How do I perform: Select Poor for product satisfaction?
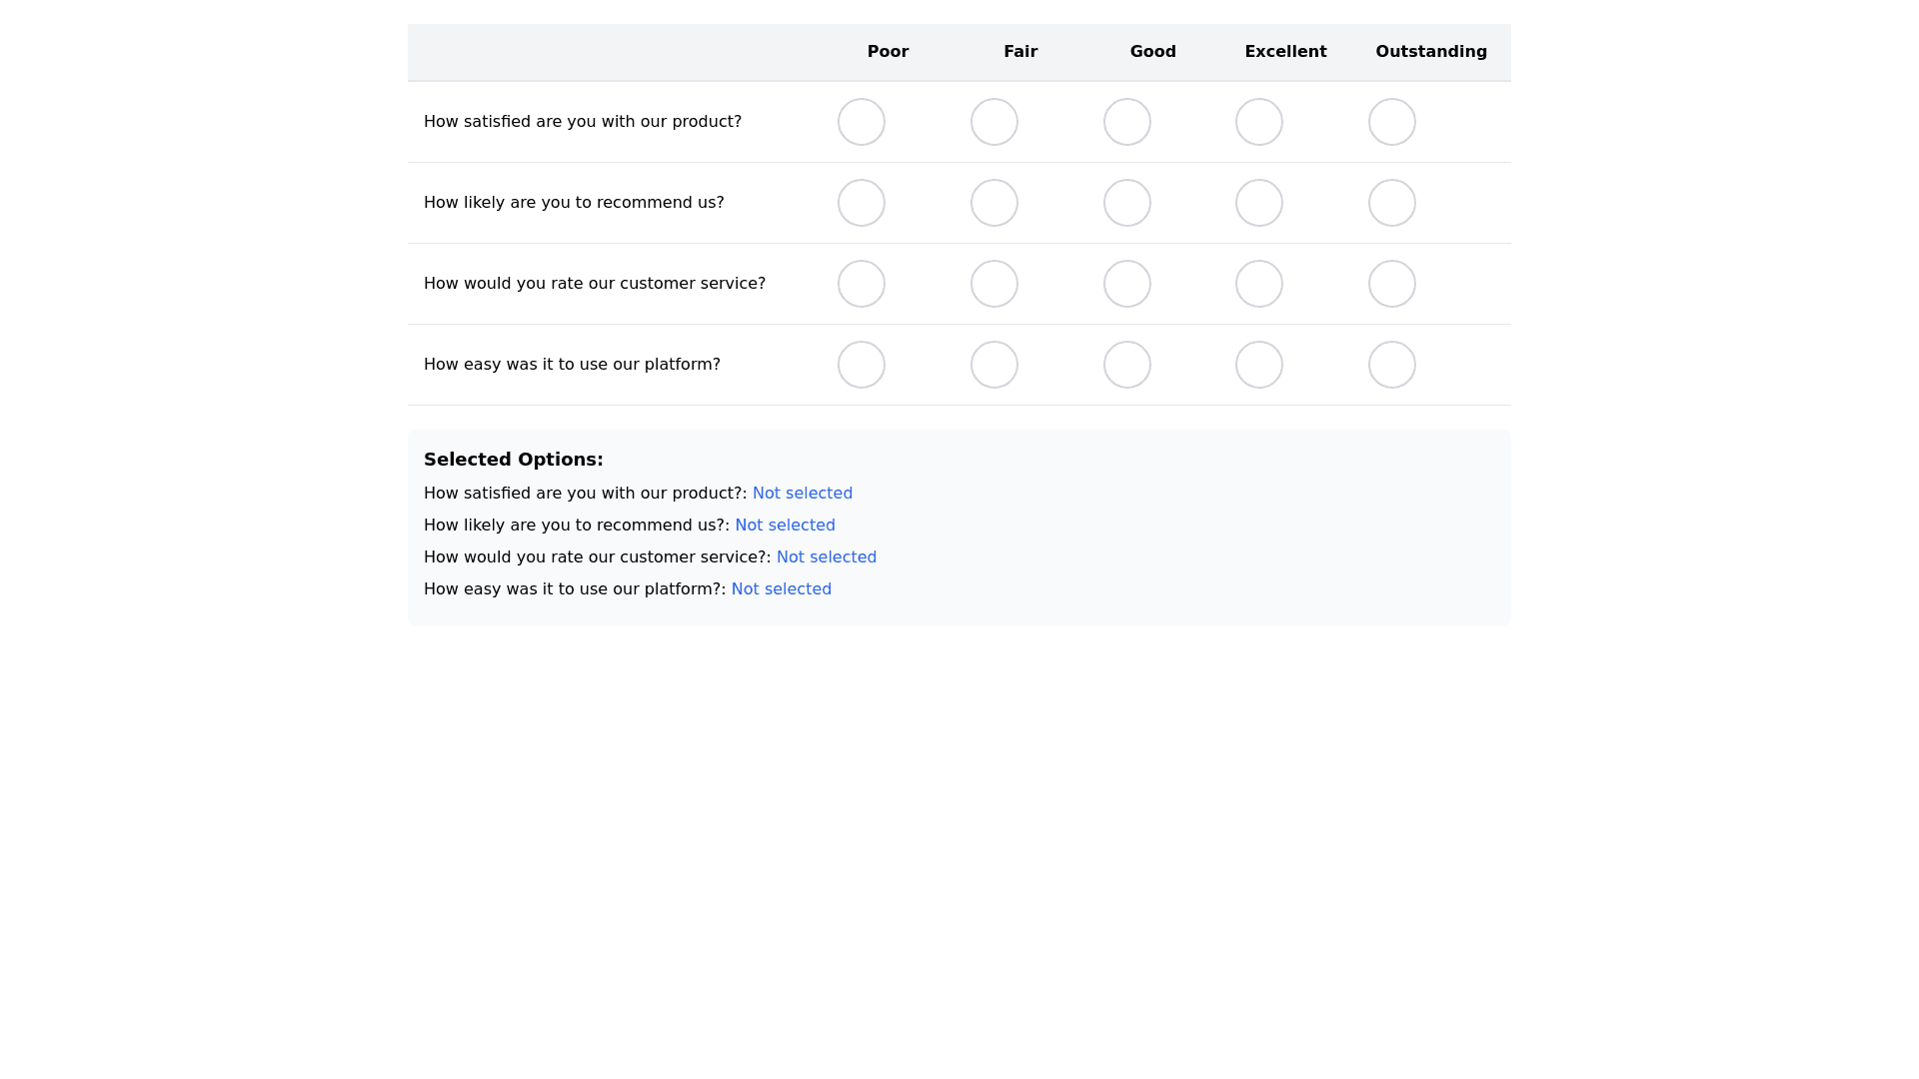(862, 122)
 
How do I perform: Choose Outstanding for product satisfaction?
(1392, 122)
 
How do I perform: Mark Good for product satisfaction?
(1127, 122)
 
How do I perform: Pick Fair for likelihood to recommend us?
(994, 203)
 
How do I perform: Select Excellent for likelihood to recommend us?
(1259, 203)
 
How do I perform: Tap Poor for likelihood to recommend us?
(862, 203)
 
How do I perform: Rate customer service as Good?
(1127, 284)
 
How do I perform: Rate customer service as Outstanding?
(1392, 284)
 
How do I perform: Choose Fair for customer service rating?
(994, 284)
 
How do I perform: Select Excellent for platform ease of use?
(1259, 365)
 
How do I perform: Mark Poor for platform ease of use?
(862, 365)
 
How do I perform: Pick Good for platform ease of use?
(1127, 365)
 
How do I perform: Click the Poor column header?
(888, 52)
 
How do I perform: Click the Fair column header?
(1020, 52)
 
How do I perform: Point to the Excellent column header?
(1285, 52)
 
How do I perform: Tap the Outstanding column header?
(1431, 52)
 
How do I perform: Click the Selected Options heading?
(514, 460)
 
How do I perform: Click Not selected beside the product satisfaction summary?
(803, 494)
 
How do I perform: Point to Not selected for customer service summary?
(827, 557)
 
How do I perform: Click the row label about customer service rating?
(595, 284)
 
